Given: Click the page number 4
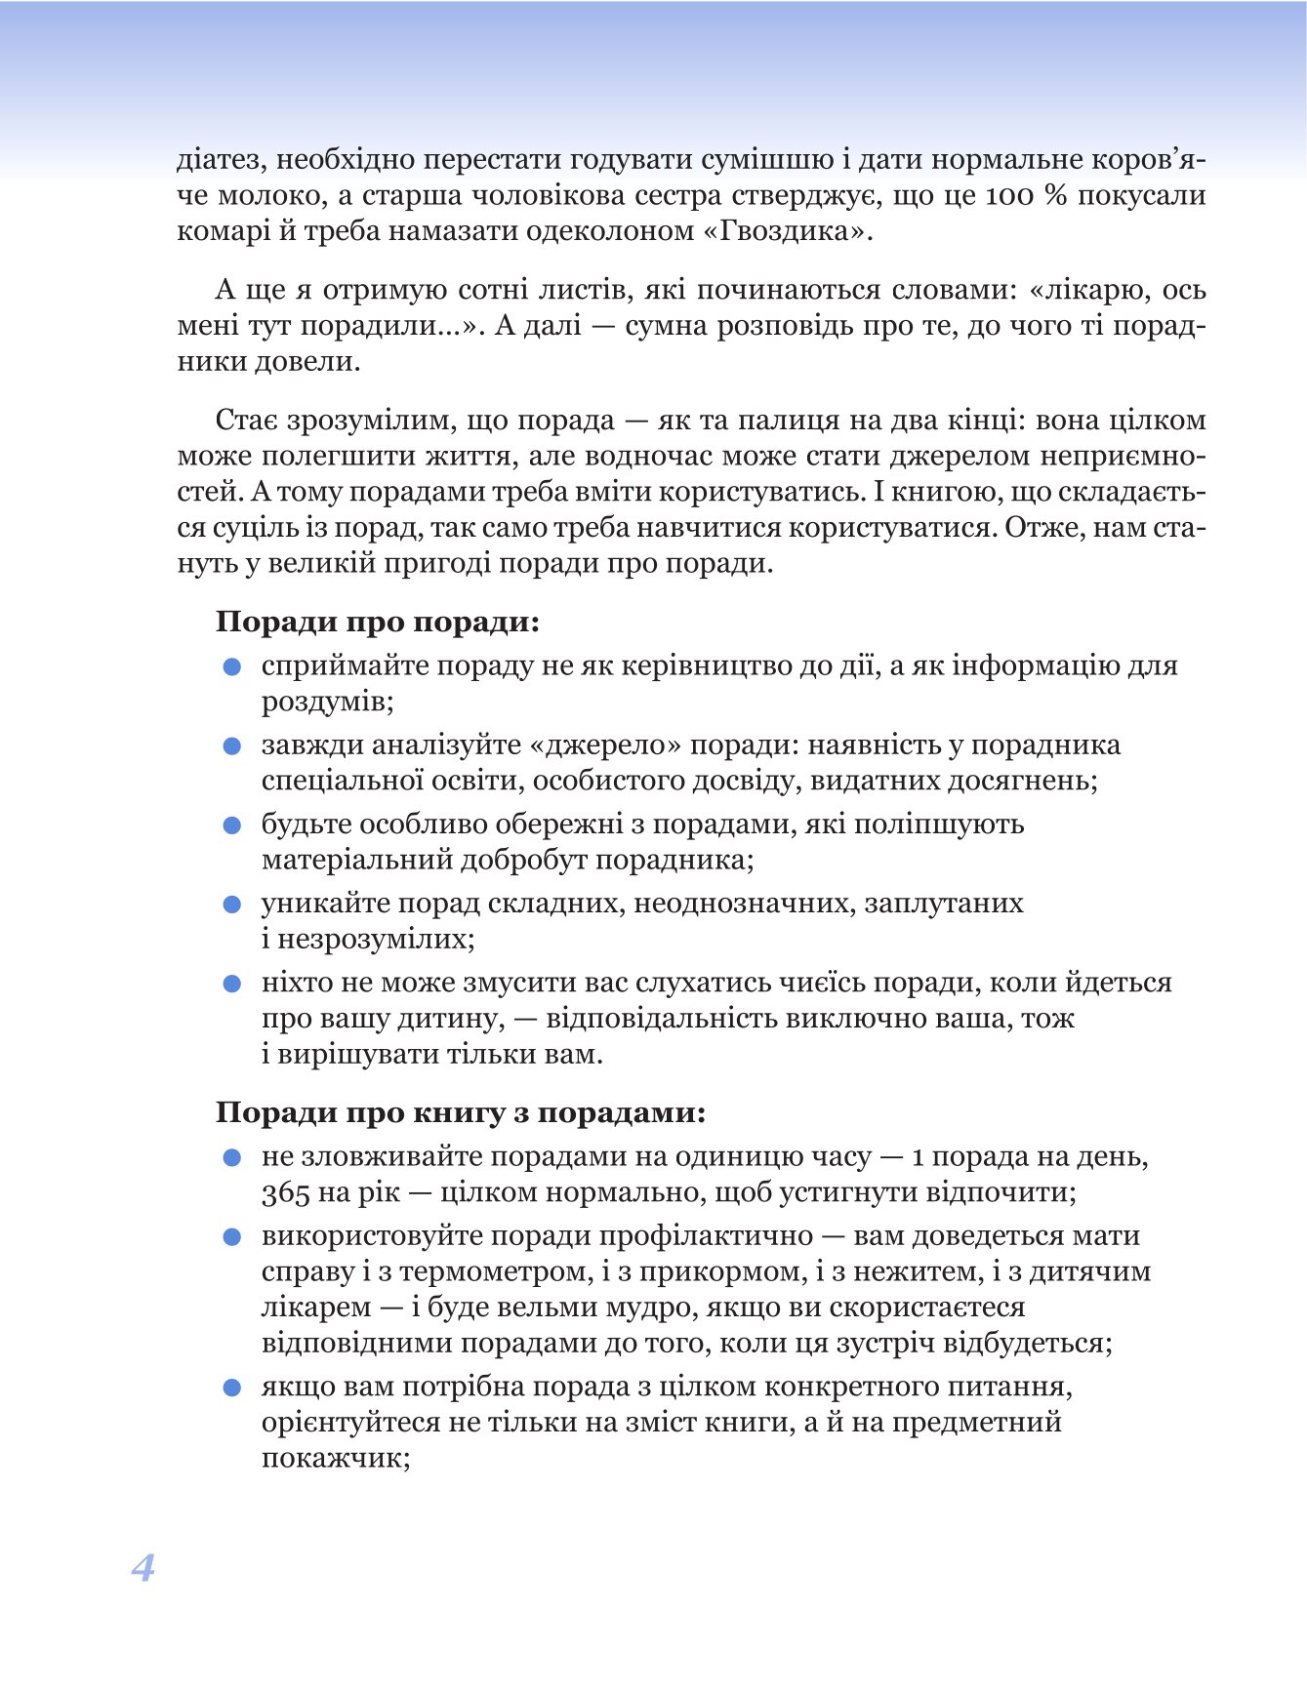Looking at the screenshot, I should pyautogui.click(x=143, y=1567).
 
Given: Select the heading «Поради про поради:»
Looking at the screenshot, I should pyautogui.click(x=378, y=622).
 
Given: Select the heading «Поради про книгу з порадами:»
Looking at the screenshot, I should pyautogui.click(x=461, y=1112).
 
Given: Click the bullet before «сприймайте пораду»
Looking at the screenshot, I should pyautogui.click(x=232, y=666).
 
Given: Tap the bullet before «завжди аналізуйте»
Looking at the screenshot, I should pyautogui.click(x=232, y=746).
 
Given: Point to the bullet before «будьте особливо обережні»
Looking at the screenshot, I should pyautogui.click(x=232, y=825).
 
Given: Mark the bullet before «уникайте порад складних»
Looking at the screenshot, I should pyautogui.click(x=232, y=905).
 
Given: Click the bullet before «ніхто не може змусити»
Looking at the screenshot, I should pyautogui.click(x=232, y=984).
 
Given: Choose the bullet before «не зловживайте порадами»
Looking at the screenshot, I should pyautogui.click(x=232, y=1157).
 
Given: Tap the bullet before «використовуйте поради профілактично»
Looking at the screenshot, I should pyautogui.click(x=232, y=1237).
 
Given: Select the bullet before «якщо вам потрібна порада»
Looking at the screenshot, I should pyautogui.click(x=232, y=1388).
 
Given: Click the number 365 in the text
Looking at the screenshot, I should pyautogui.click(x=285, y=1193).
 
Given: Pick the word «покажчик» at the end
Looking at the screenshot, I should pyautogui.click(x=330, y=1458).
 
